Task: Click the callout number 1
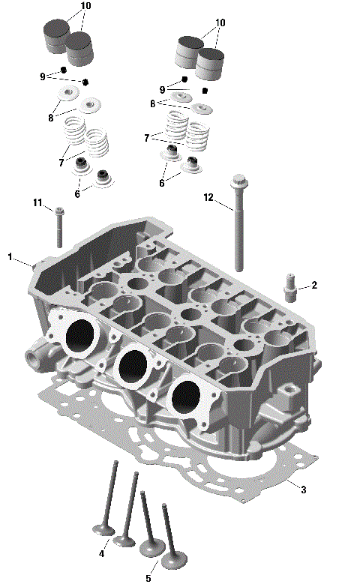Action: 10,257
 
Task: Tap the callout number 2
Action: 314,285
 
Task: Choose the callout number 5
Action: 148,577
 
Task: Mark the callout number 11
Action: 37,202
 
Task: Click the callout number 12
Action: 208,197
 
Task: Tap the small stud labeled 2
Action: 289,288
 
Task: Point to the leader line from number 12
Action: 226,205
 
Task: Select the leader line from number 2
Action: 302,286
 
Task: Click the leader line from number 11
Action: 49,206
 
